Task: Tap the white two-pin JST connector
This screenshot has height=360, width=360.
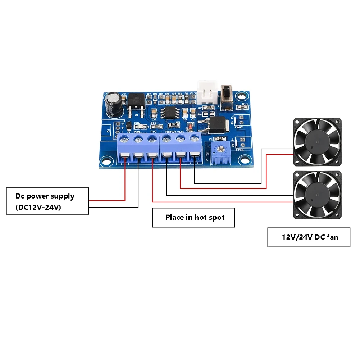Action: click(x=206, y=94)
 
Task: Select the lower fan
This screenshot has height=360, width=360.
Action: click(x=317, y=195)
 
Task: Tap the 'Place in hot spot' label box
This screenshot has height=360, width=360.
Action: click(x=193, y=217)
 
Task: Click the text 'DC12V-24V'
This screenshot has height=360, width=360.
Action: click(x=38, y=208)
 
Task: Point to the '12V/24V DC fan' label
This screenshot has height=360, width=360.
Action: click(x=309, y=237)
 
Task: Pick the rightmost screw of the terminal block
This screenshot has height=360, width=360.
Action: click(x=194, y=138)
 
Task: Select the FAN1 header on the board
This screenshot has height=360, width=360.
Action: click(x=241, y=143)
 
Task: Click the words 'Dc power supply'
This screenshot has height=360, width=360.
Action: click(x=45, y=196)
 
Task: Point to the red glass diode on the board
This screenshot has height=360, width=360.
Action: click(x=190, y=126)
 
